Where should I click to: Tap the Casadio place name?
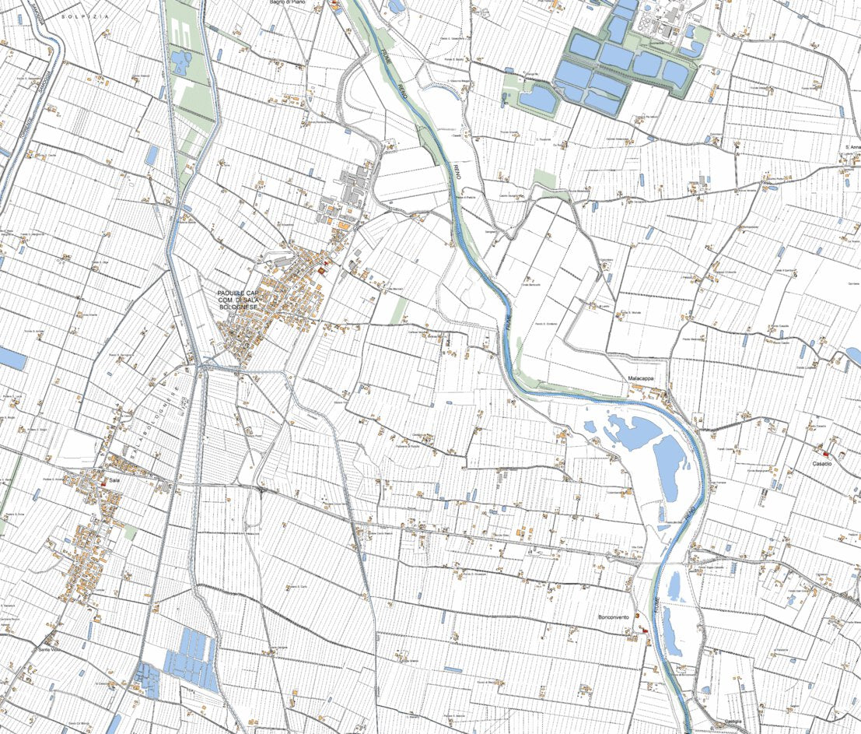tap(823, 464)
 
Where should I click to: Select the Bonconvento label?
tap(613, 617)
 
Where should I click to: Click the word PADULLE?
tap(231, 293)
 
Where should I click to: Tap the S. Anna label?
tap(852, 147)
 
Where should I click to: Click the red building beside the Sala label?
tap(103, 483)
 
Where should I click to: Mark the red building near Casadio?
tap(826, 453)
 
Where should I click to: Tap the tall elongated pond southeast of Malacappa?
tap(667, 467)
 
